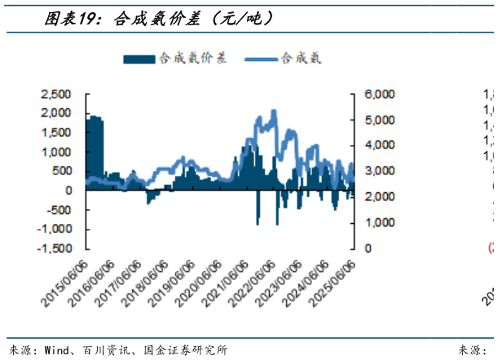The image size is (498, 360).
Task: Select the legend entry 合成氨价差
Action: tap(175, 58)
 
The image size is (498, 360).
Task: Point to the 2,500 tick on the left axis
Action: tap(56, 94)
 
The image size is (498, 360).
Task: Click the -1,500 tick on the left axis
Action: tap(54, 248)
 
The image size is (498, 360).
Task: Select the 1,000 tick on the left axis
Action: tap(56, 152)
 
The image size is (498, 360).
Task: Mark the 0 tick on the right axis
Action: tap(369, 248)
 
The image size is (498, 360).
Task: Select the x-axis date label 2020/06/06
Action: tap(201, 286)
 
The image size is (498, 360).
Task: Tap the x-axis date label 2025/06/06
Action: tap(333, 286)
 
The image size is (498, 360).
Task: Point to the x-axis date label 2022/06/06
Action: tap(253, 286)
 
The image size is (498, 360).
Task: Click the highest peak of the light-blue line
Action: tap(274, 112)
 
